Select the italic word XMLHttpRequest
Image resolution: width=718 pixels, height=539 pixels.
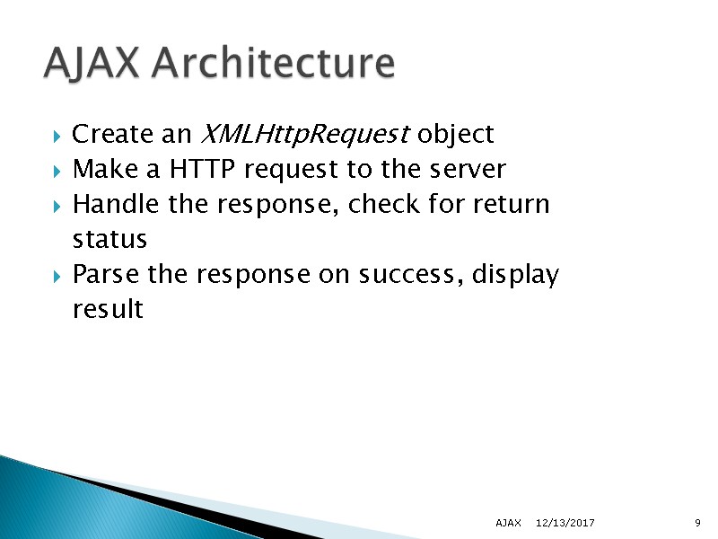(302, 135)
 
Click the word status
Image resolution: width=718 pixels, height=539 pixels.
(109, 240)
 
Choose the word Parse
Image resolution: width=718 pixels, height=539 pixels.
(106, 274)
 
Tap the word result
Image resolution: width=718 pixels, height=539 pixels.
(107, 309)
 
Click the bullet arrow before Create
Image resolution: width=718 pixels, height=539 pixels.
(57, 137)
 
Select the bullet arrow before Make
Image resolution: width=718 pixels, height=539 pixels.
(57, 171)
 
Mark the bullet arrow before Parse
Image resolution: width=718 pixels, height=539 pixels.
(57, 276)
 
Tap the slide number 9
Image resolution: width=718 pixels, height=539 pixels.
(697, 523)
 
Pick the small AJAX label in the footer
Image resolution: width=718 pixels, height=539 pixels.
(509, 523)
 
